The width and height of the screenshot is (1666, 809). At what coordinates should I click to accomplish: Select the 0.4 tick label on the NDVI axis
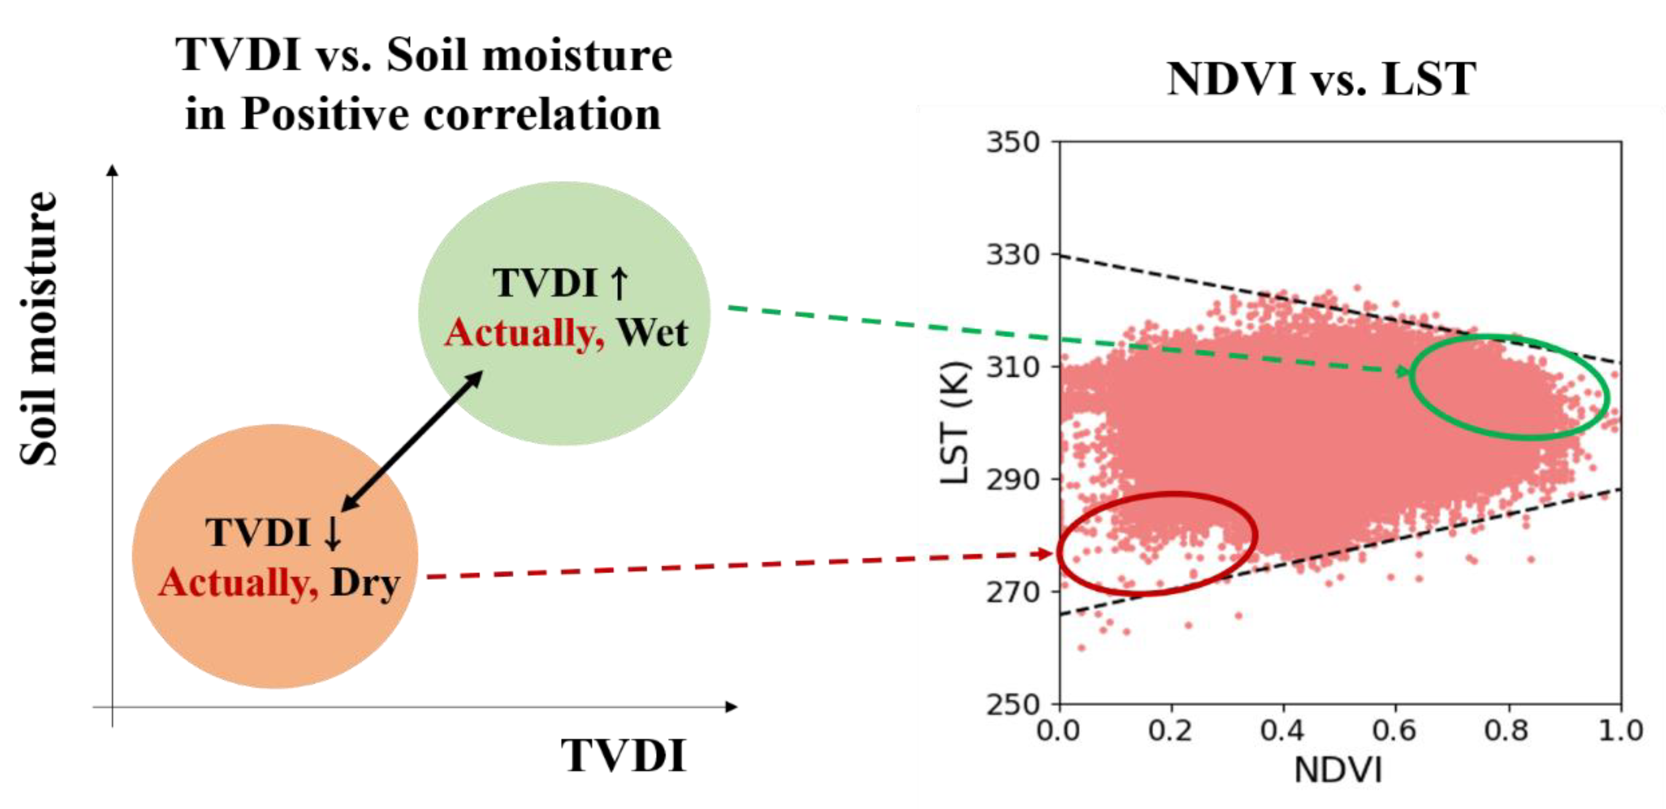click(x=1282, y=731)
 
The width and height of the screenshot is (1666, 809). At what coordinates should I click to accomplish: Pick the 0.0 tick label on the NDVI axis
click(x=1059, y=731)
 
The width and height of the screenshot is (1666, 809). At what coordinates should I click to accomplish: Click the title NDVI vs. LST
click(x=1321, y=79)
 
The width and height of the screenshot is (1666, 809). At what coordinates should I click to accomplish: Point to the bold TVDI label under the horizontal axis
click(x=623, y=755)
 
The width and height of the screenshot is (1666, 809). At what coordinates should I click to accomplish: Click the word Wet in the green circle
click(x=652, y=333)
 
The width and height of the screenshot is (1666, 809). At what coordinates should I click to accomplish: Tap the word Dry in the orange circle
click(x=365, y=583)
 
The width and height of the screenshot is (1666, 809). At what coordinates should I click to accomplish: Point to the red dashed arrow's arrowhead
click(x=1043, y=553)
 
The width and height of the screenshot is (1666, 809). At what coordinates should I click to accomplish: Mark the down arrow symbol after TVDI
click(x=332, y=533)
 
